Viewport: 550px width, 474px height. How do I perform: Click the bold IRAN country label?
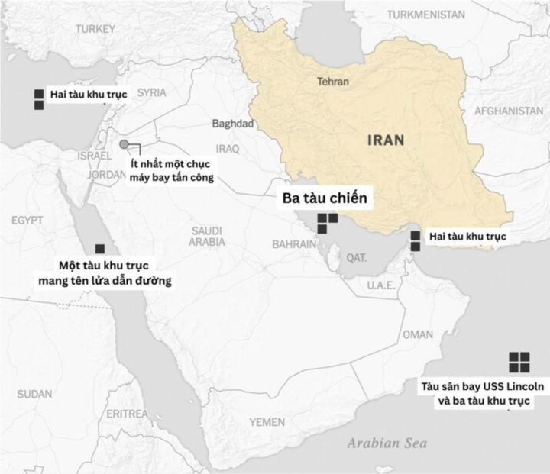(386, 140)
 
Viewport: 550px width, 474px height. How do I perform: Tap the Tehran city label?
(332, 82)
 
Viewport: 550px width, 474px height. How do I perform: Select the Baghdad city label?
(232, 124)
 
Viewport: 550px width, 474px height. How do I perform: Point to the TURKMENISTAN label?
(425, 15)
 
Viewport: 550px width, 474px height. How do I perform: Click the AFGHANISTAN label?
(509, 111)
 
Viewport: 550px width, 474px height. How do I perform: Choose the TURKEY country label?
(95, 29)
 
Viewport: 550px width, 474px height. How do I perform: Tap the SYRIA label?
(151, 92)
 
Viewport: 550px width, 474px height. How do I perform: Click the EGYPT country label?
(28, 221)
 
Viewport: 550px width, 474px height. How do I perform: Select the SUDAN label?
(34, 394)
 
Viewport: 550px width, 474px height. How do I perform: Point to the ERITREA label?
(128, 414)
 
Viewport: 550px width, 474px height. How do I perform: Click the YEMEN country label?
(267, 422)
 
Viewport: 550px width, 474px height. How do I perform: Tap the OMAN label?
(418, 334)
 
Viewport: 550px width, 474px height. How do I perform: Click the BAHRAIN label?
(294, 244)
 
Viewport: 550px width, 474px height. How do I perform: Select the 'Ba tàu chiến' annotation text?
(323, 198)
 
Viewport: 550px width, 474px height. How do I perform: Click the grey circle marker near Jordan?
(124, 143)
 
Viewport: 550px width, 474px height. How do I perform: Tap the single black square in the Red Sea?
(100, 249)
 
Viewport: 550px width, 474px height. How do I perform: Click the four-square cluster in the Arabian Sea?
(519, 362)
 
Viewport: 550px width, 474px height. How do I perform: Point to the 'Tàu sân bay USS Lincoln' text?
(483, 387)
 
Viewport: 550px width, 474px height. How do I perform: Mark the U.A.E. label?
(380, 285)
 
